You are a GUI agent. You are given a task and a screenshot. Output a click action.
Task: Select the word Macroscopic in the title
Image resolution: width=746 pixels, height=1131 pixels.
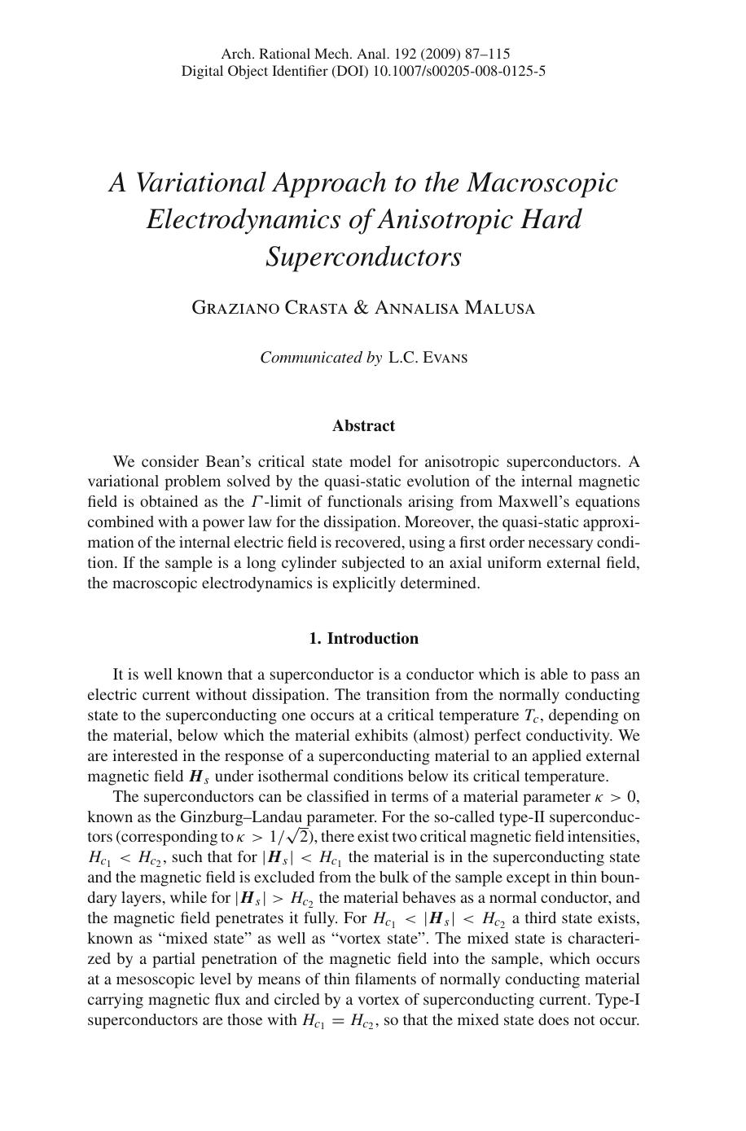[x=542, y=183]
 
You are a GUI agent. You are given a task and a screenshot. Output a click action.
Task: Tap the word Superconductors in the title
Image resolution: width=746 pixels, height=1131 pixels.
[x=363, y=257]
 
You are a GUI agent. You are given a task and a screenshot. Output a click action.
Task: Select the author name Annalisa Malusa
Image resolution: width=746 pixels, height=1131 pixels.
[x=454, y=308]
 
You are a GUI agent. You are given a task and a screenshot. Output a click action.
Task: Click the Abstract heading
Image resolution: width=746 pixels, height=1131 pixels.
[x=363, y=425]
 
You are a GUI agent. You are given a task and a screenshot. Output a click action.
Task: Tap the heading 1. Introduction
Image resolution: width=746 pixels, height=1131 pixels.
[x=363, y=638]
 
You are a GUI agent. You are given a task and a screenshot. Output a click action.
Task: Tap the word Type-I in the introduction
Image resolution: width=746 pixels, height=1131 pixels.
[x=617, y=1000]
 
